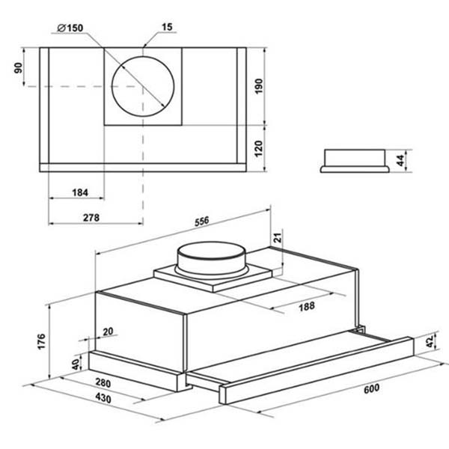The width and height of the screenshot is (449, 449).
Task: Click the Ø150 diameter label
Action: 70,28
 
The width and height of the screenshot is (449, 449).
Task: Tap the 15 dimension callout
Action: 167,27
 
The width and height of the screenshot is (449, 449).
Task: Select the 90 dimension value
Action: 18,68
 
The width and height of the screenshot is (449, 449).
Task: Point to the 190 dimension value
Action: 258,86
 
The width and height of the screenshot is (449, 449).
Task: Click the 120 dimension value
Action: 258,148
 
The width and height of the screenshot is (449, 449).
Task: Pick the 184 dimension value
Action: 80,192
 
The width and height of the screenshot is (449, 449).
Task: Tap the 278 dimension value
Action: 91,218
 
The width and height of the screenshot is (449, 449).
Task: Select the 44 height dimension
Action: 400,160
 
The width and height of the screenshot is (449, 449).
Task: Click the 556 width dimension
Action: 202,222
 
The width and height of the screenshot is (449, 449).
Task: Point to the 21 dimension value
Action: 278,237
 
